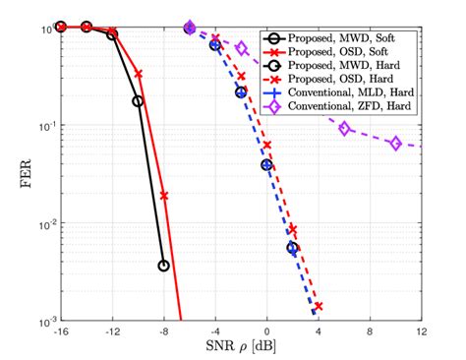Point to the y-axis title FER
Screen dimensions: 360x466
(x=14, y=174)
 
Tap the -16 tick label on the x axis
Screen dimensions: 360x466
(x=61, y=332)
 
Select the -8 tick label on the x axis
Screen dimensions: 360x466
(x=163, y=332)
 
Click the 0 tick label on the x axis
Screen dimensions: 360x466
(x=266, y=332)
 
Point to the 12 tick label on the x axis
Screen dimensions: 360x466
(x=421, y=332)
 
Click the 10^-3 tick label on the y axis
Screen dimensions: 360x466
(x=41, y=322)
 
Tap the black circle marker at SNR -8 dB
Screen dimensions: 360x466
(x=163, y=266)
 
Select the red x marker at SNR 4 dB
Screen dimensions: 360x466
(x=318, y=306)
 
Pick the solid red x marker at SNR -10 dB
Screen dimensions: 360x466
(x=139, y=74)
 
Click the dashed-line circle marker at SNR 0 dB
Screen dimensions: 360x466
(x=266, y=164)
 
